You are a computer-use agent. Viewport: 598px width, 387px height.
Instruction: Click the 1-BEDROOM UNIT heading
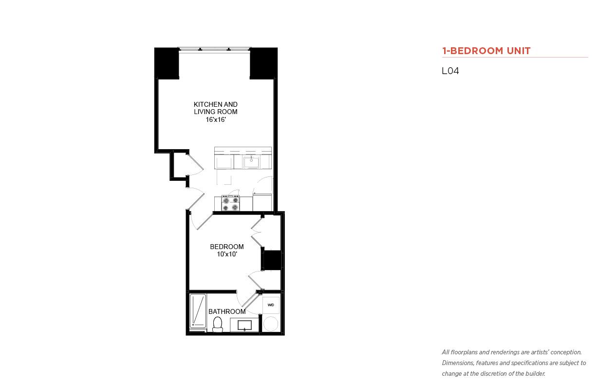click(x=486, y=51)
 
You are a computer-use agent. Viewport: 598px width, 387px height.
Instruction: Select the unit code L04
click(x=450, y=71)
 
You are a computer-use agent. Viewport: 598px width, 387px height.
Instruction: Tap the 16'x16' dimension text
click(x=216, y=119)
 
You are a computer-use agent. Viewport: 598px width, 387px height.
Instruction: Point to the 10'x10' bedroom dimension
click(x=227, y=254)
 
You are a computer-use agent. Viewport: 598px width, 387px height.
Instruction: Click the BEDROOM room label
click(x=226, y=247)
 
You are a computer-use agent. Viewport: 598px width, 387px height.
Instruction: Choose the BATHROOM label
click(x=227, y=311)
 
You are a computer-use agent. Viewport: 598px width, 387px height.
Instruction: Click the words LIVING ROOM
click(x=216, y=112)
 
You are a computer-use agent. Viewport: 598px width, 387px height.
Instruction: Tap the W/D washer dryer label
click(x=271, y=305)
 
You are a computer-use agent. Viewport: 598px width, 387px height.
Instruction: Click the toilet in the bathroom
click(x=218, y=324)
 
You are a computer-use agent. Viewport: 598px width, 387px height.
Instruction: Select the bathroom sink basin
click(x=245, y=325)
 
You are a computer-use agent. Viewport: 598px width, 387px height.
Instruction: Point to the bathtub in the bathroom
click(x=198, y=311)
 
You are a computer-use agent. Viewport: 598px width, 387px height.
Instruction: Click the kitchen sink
click(x=251, y=162)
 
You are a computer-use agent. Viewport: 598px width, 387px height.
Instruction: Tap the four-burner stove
click(x=230, y=203)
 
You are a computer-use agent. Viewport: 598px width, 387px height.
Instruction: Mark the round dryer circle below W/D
click(x=271, y=324)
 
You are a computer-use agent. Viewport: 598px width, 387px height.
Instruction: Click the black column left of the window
click(x=167, y=63)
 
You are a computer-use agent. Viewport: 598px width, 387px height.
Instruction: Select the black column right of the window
click(x=263, y=63)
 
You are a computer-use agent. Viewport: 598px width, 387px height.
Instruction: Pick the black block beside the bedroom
click(x=272, y=260)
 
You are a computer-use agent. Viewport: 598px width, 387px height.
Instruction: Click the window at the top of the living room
click(x=214, y=49)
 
